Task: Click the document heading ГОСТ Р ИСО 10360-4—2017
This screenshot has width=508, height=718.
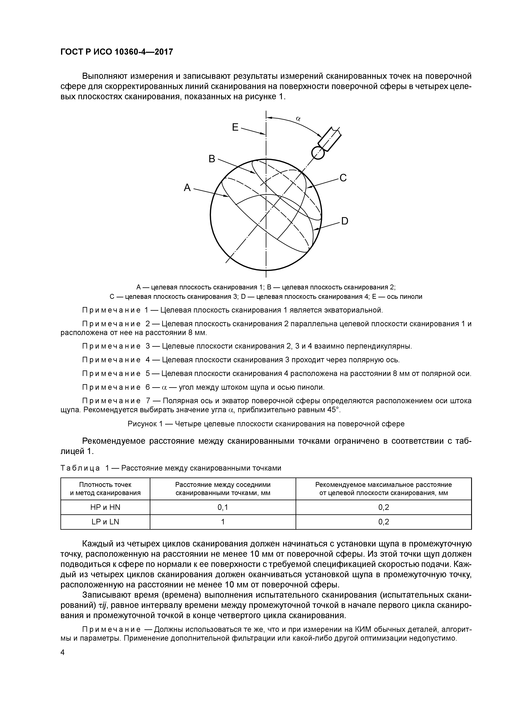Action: pos(116,52)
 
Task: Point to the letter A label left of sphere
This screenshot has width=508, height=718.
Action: pos(187,188)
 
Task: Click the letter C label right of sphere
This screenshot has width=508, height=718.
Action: pos(343,178)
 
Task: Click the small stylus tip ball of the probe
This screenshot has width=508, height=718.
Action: pos(318,153)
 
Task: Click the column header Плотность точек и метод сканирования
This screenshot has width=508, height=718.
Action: pos(105,489)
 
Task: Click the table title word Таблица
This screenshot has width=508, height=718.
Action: pos(80,468)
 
